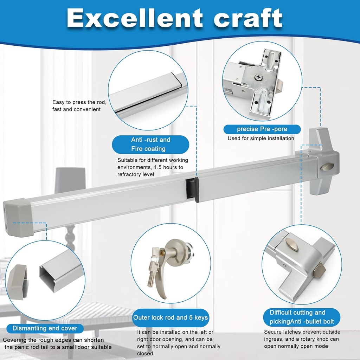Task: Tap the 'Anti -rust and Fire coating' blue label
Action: (x=150, y=144)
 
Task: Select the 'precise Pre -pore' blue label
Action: (x=262, y=129)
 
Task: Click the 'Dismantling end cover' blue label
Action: (x=45, y=328)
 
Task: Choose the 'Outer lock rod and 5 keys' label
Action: (x=171, y=317)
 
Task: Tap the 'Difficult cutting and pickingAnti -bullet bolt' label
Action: (x=302, y=317)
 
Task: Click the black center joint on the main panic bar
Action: (x=192, y=190)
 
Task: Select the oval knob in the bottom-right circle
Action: (x=292, y=245)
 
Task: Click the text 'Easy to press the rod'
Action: (x=79, y=102)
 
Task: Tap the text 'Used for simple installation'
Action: (x=261, y=138)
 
